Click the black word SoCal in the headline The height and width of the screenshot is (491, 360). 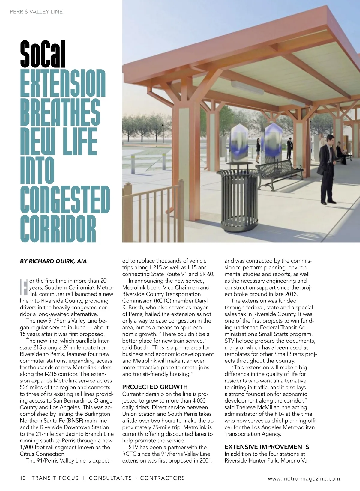click(x=43, y=55)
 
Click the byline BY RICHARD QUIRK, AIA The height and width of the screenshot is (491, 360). click(x=53, y=261)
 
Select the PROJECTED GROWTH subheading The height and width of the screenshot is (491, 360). click(x=155, y=387)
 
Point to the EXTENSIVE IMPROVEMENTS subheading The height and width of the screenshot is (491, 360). click(x=267, y=447)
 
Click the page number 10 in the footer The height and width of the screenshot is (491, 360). click(x=23, y=478)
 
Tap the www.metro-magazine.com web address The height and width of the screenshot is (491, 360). click(x=304, y=478)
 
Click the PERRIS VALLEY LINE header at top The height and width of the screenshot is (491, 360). click(x=36, y=12)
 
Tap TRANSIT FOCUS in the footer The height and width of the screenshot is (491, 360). click(x=55, y=478)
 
